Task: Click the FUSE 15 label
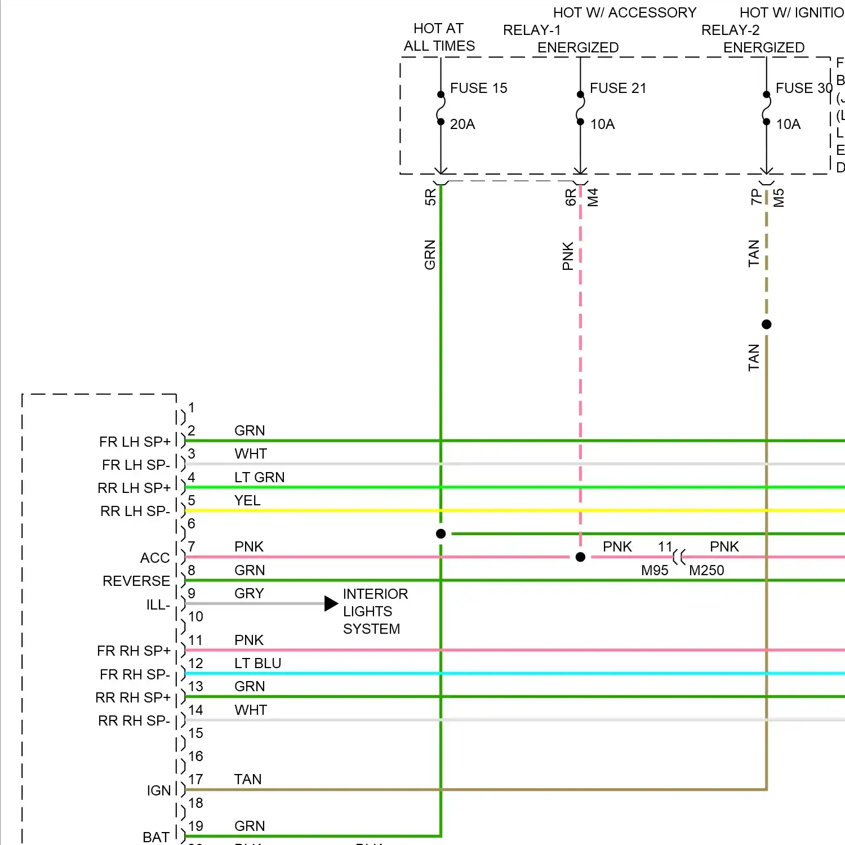click(478, 88)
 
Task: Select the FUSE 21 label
click(618, 88)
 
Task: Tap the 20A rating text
click(462, 124)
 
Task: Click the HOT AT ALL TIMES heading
click(439, 37)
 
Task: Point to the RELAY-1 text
click(532, 30)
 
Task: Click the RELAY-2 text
click(730, 30)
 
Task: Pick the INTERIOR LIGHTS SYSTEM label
click(375, 611)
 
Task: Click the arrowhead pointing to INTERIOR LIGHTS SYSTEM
click(331, 604)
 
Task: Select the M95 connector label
click(655, 571)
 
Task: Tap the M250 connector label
click(706, 571)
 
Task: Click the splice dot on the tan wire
click(766, 324)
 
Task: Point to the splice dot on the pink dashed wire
click(580, 557)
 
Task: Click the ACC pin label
click(155, 558)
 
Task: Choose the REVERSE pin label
click(136, 581)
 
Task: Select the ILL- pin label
click(158, 605)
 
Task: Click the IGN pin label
click(159, 791)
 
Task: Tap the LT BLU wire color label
click(257, 664)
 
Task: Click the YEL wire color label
click(247, 501)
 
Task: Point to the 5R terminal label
click(430, 197)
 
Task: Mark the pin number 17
click(195, 780)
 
